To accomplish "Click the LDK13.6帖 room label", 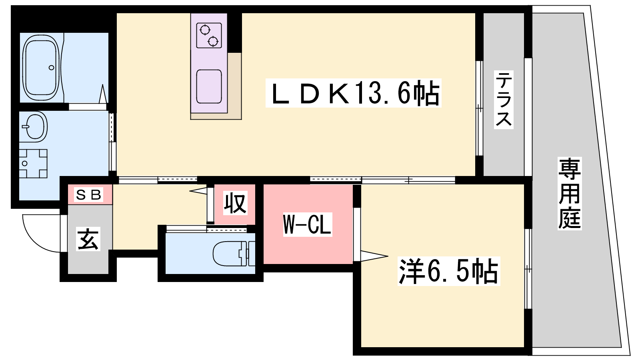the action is (x=354, y=93).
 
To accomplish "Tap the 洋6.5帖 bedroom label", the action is (x=448, y=271).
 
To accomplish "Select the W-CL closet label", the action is (x=308, y=224).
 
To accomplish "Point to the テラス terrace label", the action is (x=504, y=100).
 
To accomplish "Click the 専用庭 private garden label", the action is (x=570, y=194).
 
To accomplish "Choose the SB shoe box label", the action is (x=88, y=195).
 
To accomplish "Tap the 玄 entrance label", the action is (x=88, y=239).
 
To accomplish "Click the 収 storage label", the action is (x=235, y=203).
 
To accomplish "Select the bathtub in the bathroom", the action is (x=42, y=68).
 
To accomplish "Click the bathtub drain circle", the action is (x=52, y=68).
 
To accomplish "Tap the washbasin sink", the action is (x=35, y=126).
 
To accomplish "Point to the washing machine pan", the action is (x=33, y=164).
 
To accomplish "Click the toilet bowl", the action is (x=230, y=254).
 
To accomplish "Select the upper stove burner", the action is (x=205, y=30).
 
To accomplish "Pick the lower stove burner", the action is (x=213, y=42).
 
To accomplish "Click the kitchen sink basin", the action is (x=209, y=86).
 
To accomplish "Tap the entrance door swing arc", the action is (x=42, y=234).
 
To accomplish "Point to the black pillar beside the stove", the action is (x=234, y=32).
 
